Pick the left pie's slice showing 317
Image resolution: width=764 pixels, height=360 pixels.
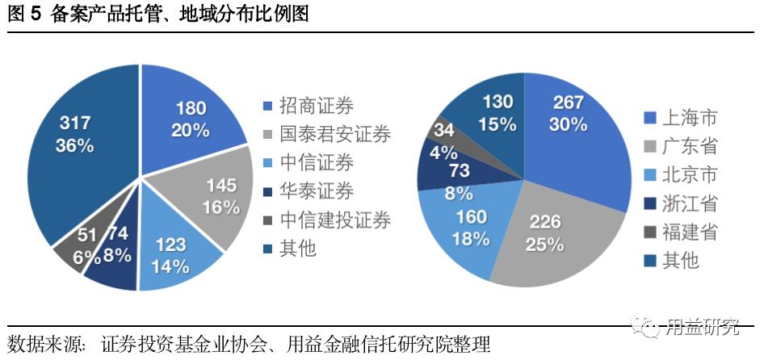77,145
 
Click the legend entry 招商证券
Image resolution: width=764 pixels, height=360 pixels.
316,106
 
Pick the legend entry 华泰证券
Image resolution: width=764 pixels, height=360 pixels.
316,191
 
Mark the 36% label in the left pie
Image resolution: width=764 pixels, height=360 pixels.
74,146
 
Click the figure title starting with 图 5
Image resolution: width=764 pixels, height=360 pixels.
158,15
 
